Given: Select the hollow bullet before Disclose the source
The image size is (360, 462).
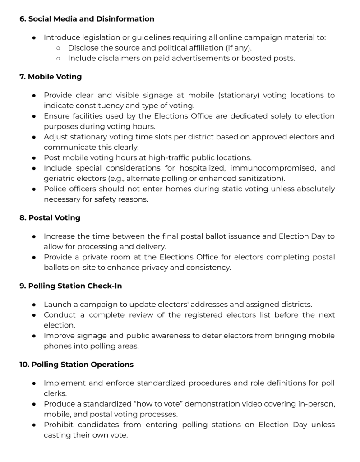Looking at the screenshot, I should point(58,48).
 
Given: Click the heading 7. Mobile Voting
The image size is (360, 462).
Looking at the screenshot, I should point(50,77).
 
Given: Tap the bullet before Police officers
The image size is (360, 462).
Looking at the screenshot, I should point(34,189).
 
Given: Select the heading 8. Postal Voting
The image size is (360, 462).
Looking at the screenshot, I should point(50,217).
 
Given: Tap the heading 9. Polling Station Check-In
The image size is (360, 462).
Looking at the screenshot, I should point(70,286).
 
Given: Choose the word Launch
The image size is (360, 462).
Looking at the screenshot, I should point(56,305).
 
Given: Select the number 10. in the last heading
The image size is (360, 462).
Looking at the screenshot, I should point(24,364).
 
